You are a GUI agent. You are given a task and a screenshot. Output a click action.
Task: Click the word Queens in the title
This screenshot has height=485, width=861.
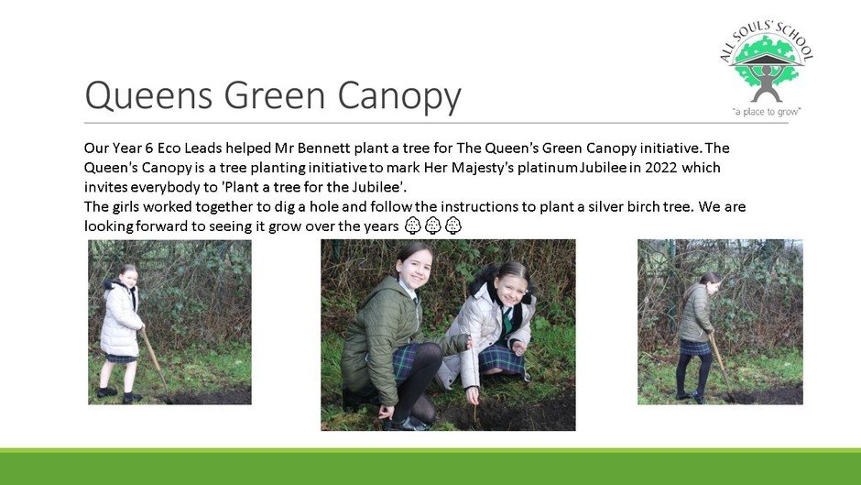pyautogui.click(x=148, y=94)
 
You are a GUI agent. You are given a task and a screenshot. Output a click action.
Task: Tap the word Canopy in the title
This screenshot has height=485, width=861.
pyautogui.click(x=399, y=97)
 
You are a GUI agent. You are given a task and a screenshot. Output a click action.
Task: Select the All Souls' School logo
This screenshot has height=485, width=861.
pyautogui.click(x=767, y=69)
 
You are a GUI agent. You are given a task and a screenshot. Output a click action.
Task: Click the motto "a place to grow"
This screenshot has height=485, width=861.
pyautogui.click(x=767, y=112)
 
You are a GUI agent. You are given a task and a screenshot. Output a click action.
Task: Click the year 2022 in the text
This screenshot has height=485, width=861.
pyautogui.click(x=661, y=167)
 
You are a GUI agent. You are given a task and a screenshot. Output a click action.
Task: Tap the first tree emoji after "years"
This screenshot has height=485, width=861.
pyautogui.click(x=413, y=226)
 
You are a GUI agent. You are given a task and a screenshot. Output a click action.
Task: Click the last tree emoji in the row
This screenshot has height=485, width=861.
pyautogui.click(x=453, y=226)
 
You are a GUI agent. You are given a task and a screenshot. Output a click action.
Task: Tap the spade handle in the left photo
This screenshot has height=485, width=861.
pyautogui.click(x=153, y=358)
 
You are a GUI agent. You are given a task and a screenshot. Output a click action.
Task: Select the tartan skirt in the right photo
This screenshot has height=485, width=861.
pyautogui.click(x=695, y=347)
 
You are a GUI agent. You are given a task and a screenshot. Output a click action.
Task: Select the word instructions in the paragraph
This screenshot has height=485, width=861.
pyautogui.click(x=479, y=207)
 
